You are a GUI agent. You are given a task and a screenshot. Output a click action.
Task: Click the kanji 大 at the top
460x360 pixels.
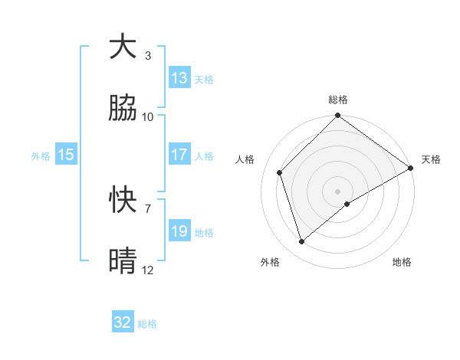[123, 47]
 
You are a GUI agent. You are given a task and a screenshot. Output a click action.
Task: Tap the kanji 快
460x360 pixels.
[123, 201]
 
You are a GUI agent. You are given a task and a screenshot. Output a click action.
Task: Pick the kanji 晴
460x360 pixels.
[123, 262]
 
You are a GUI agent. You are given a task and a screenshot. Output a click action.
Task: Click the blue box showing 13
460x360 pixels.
[179, 78]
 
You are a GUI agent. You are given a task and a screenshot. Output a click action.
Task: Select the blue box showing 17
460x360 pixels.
[179, 155]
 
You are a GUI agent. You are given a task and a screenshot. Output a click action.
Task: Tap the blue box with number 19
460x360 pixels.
[179, 231]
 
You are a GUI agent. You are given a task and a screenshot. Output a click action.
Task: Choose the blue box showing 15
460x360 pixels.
[66, 155]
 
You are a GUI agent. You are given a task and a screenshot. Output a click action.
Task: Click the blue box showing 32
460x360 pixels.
[123, 322]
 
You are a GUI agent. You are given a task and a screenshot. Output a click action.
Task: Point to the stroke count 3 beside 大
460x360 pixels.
[148, 56]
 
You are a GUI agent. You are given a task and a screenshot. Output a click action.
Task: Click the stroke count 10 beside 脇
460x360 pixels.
[148, 117]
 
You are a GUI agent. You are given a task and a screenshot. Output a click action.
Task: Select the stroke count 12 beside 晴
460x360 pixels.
[148, 270]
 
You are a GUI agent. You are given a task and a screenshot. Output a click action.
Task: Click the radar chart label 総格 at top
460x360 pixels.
[338, 100]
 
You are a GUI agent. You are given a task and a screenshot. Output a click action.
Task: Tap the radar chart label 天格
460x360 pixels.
[431, 159]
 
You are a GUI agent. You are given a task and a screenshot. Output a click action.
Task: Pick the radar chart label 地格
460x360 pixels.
[402, 262]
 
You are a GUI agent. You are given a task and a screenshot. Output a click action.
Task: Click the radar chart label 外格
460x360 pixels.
[270, 262]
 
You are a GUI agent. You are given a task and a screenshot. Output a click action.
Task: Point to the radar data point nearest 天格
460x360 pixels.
[411, 168]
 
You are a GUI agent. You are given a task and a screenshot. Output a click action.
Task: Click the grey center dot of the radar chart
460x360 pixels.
[338, 191]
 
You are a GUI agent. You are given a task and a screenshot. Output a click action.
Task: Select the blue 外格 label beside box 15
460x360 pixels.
[41, 155]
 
